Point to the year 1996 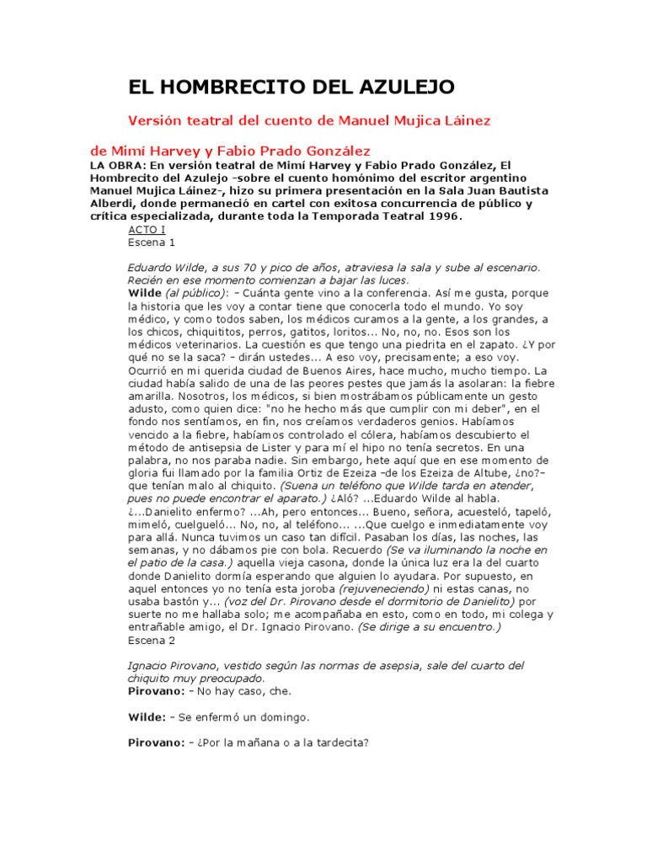444,215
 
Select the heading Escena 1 151,242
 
